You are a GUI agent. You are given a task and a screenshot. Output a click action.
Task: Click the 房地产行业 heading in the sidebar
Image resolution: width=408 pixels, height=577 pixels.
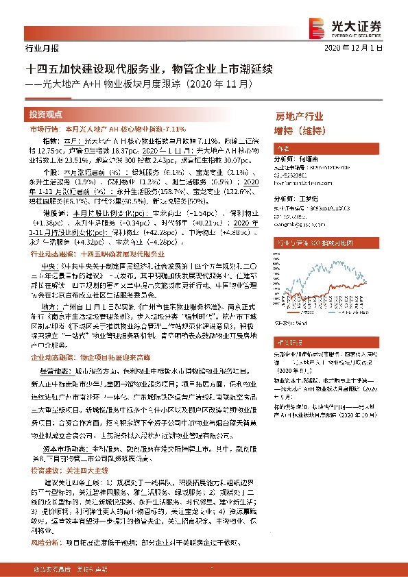pos(299,116)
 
